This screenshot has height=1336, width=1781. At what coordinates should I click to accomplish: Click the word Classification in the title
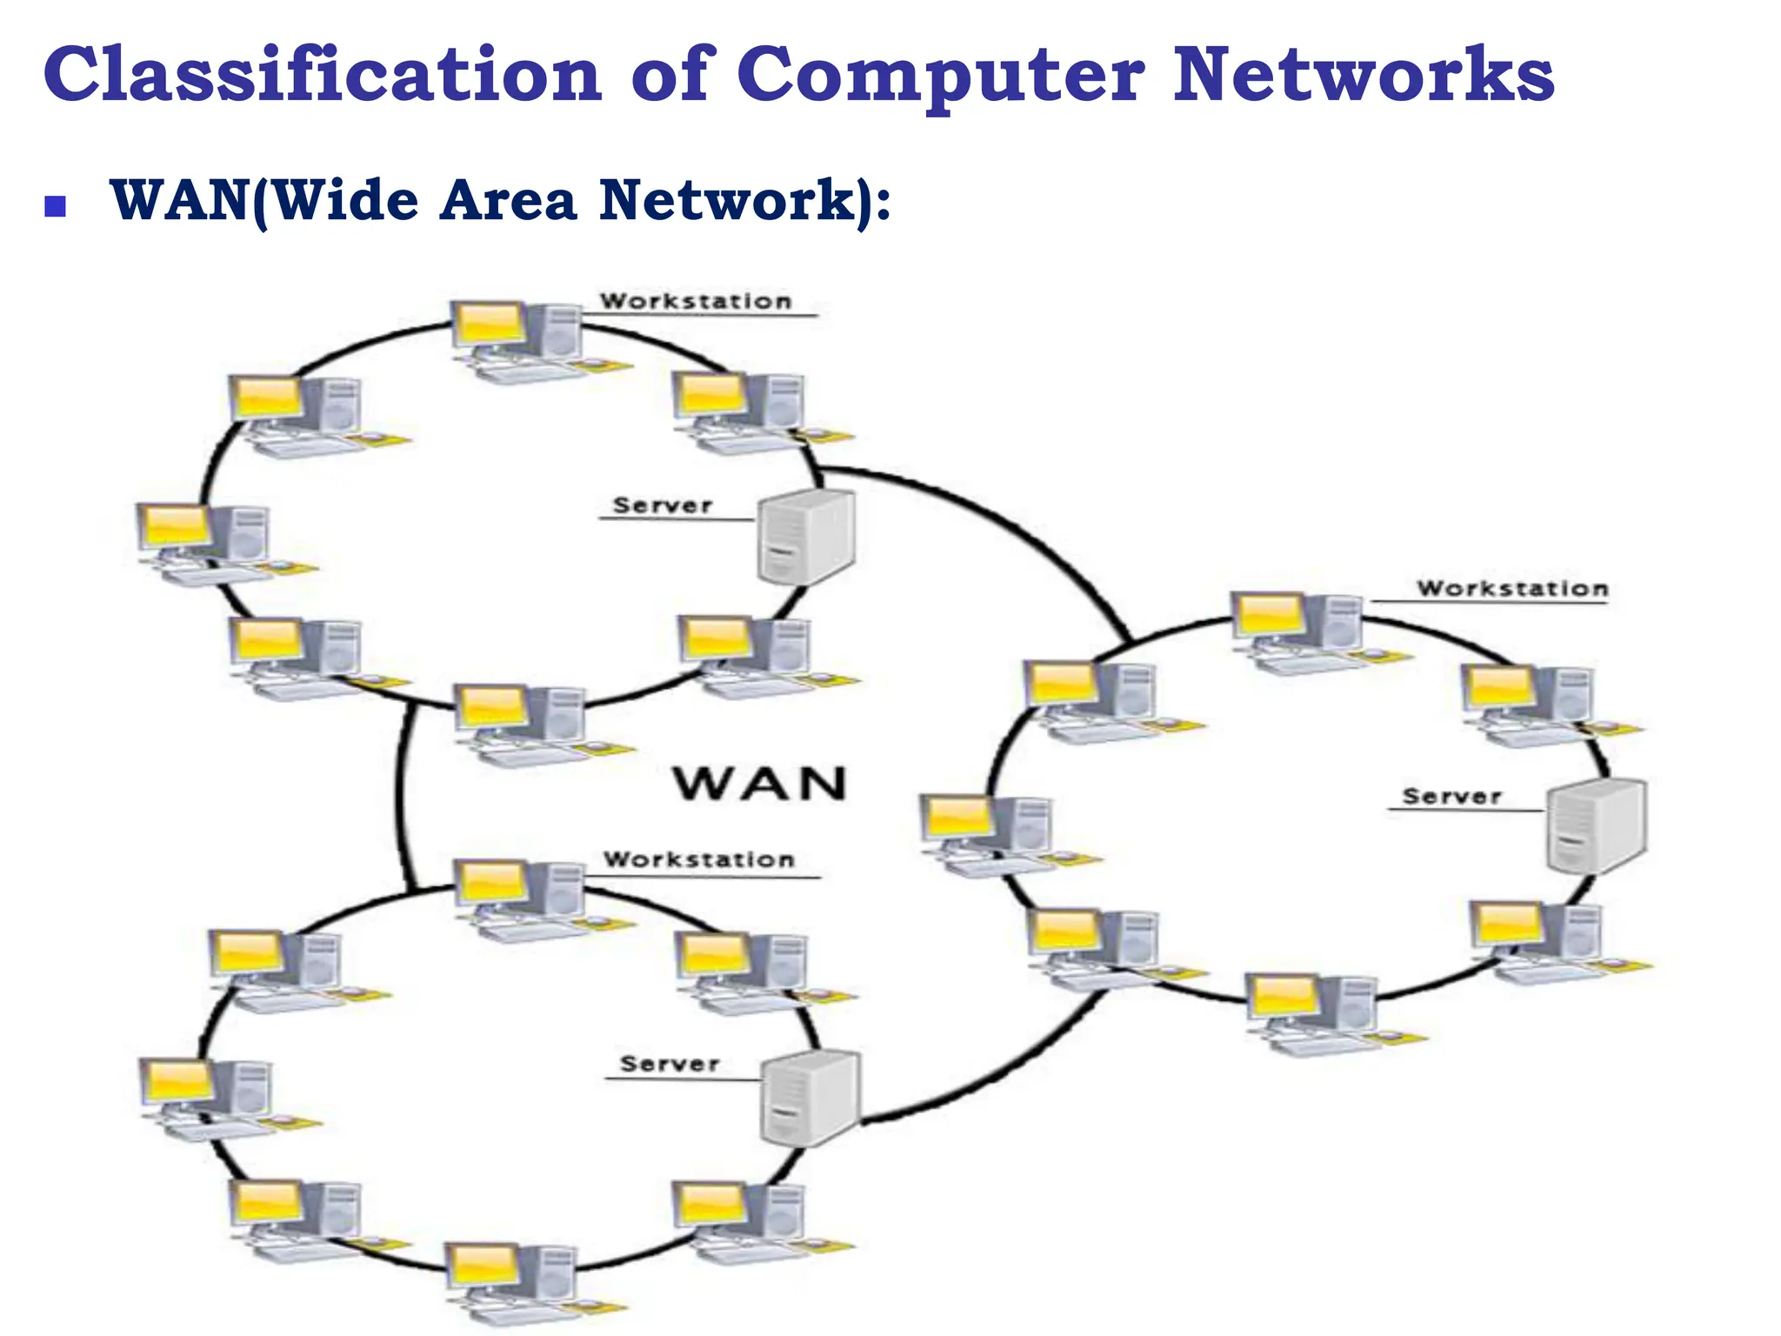322,75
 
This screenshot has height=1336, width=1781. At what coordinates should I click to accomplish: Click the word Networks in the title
1363,75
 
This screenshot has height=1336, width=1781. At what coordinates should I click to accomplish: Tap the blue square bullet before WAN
56,206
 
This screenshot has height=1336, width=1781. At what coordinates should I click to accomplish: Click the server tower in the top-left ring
805,536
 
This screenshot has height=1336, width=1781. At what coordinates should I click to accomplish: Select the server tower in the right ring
1597,825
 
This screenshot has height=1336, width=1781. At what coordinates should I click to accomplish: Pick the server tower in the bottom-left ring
810,1098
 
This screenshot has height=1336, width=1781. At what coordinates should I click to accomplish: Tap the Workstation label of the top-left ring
696,301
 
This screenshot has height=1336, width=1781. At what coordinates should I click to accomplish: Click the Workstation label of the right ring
1512,589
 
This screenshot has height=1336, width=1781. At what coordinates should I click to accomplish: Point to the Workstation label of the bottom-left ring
699,859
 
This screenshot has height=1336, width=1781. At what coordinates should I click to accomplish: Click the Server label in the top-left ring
663,505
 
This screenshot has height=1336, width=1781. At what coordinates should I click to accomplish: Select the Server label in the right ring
1451,796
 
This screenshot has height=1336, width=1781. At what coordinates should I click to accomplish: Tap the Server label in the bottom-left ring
669,1064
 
